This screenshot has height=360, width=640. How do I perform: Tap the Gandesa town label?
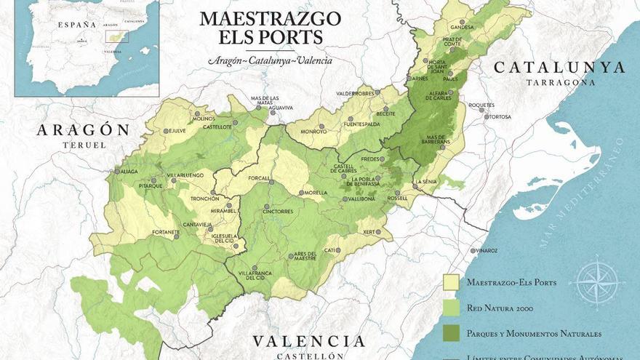462,28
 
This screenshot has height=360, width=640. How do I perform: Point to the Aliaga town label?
128,172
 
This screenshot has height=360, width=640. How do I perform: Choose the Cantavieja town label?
197,225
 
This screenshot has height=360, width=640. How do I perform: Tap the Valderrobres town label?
354,93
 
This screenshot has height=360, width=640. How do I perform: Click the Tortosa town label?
500,116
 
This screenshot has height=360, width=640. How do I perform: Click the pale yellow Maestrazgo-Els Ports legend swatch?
451,282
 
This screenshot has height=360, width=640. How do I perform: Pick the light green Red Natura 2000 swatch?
451,308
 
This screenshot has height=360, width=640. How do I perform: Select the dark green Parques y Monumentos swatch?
451,333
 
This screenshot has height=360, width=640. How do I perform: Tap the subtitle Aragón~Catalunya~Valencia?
270,60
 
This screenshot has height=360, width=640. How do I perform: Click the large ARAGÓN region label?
83,130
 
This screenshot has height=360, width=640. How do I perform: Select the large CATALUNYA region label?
559,68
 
